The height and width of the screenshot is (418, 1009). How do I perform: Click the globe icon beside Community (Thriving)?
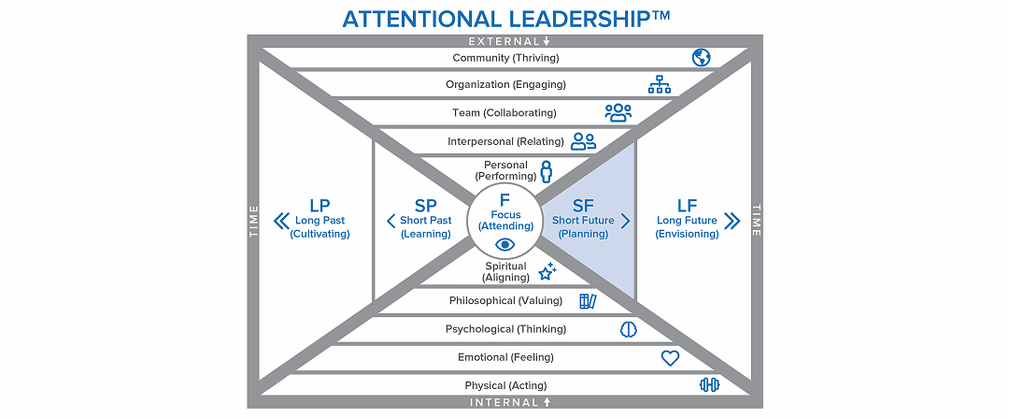click(x=701, y=58)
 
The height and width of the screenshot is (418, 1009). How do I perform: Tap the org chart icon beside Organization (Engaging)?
click(x=661, y=85)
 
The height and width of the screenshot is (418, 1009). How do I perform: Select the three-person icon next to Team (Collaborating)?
click(x=618, y=113)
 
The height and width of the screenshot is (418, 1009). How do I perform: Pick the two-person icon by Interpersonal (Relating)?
click(x=583, y=141)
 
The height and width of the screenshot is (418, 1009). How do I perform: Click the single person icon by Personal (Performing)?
click(x=547, y=170)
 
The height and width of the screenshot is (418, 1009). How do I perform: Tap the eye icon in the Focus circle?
click(x=504, y=245)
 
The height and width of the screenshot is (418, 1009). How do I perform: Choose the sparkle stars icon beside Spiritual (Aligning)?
click(x=547, y=271)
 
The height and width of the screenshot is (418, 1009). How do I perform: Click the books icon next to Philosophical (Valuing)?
click(x=588, y=300)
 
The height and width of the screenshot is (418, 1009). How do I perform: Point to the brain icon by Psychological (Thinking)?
click(x=629, y=329)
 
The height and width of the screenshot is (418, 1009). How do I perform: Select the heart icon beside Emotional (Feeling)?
click(x=669, y=357)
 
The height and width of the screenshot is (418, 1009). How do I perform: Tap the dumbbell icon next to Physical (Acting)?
click(x=709, y=385)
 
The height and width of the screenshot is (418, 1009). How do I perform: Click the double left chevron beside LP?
click(x=278, y=222)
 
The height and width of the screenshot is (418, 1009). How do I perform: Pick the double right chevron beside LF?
click(x=732, y=222)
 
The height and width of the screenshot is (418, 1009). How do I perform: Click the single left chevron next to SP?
click(x=391, y=222)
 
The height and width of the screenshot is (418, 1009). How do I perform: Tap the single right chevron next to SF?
click(x=626, y=222)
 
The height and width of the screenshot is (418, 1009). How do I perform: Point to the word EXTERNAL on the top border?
click(x=504, y=41)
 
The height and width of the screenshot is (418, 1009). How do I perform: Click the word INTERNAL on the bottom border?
click(x=504, y=402)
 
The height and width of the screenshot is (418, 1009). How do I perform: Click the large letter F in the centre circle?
click(x=504, y=199)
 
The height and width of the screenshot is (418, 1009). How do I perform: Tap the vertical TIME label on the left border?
click(x=253, y=222)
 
